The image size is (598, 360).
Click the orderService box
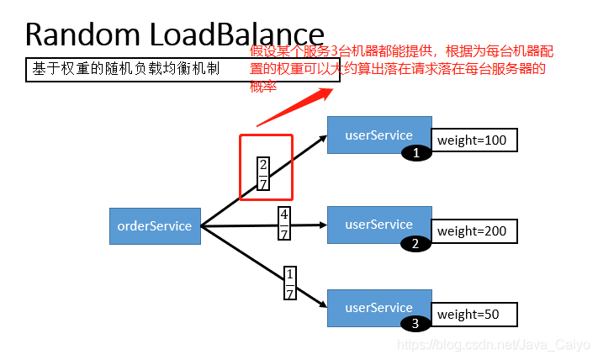click(x=155, y=225)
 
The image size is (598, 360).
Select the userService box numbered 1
click(x=378, y=135)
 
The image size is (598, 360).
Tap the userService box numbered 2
click(x=378, y=225)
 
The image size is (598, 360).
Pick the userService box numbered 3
click(x=378, y=308)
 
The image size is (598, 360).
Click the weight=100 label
click(x=474, y=140)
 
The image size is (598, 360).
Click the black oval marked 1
click(x=415, y=152)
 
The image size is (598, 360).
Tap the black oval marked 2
click(x=415, y=244)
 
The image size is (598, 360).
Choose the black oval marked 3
click(x=415, y=323)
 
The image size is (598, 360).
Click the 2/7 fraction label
click(x=263, y=174)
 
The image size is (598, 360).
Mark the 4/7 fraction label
click(x=284, y=225)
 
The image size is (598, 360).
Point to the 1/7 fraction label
click(x=290, y=284)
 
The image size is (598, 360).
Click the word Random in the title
click(x=82, y=34)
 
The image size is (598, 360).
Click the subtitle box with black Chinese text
click(x=182, y=69)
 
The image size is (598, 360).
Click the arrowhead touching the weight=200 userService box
click(x=320, y=225)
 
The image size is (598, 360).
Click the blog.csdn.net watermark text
click(x=494, y=345)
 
